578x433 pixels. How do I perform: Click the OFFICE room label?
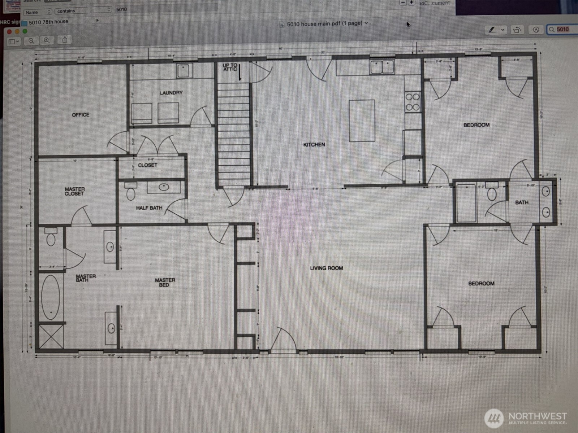click(80, 115)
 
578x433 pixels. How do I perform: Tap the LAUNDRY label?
click(171, 93)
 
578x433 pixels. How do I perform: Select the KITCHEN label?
click(314, 145)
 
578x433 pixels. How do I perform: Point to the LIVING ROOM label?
click(326, 268)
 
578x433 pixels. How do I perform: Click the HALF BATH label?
click(149, 208)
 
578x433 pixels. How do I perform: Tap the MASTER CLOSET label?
click(74, 191)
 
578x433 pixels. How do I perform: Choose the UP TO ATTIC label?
click(230, 67)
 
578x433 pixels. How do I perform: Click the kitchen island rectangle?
click(362, 121)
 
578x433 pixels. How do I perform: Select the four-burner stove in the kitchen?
click(413, 102)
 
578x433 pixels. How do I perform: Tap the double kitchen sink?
click(382, 67)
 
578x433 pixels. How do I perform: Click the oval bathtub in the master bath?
click(51, 297)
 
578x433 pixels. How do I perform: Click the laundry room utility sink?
click(184, 70)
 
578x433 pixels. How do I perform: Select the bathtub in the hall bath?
click(466, 203)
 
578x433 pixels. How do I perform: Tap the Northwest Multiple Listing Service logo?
click(526, 419)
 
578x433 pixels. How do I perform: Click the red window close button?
click(9, 31)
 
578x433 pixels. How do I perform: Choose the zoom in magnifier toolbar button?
click(47, 41)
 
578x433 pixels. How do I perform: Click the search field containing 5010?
click(562, 29)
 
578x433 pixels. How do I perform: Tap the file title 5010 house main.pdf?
click(324, 24)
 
